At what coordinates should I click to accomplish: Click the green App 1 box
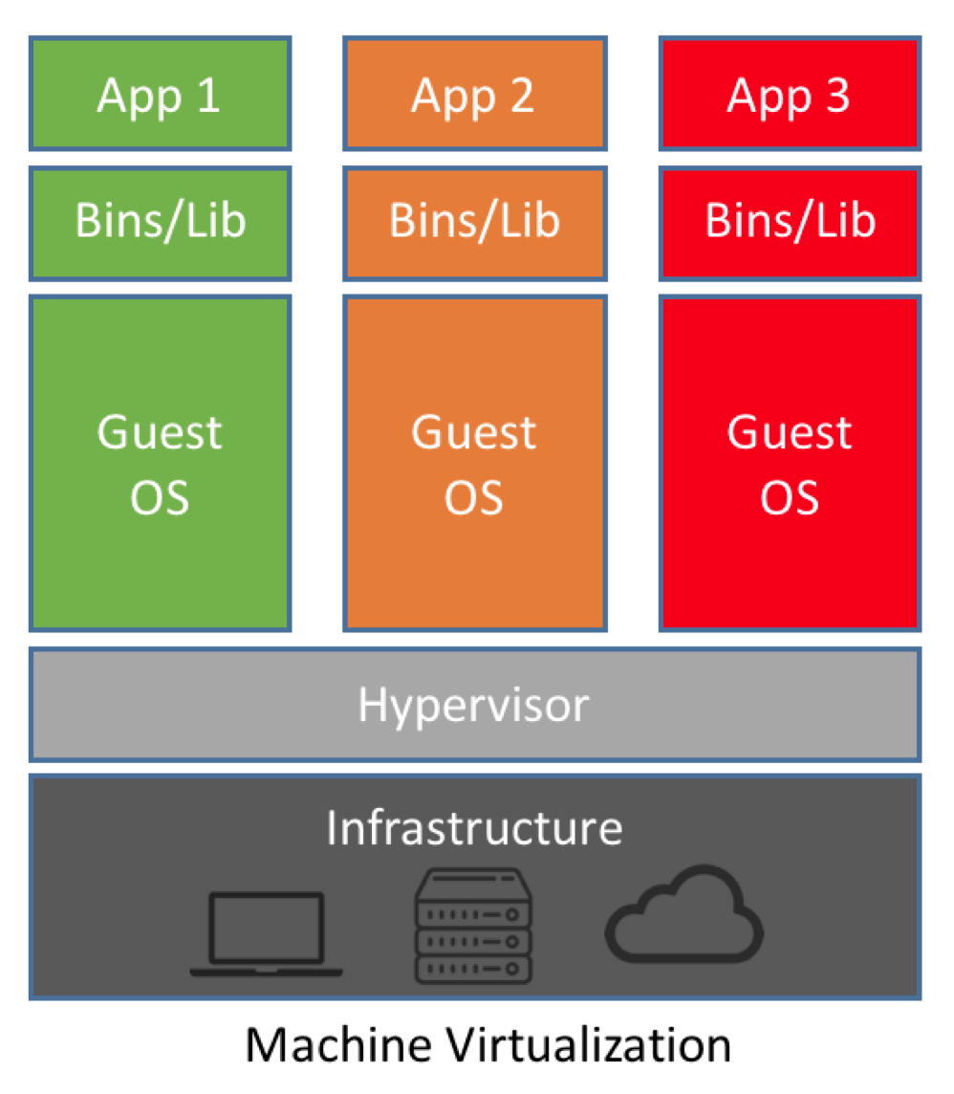(x=160, y=94)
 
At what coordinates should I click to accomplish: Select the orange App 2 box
(x=474, y=94)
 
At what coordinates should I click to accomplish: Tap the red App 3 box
(x=790, y=94)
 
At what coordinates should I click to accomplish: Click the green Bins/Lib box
(x=160, y=222)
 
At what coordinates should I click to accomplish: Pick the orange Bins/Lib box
(x=474, y=222)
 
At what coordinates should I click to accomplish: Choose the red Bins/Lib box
(x=790, y=222)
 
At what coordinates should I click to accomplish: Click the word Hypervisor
(x=474, y=706)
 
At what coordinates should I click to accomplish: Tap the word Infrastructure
(x=474, y=827)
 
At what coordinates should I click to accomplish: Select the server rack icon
(x=473, y=926)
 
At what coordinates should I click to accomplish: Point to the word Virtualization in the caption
(x=572, y=1045)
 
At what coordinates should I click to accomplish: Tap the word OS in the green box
(x=160, y=498)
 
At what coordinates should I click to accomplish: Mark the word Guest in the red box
(x=790, y=432)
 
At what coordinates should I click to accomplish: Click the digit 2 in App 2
(x=521, y=96)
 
